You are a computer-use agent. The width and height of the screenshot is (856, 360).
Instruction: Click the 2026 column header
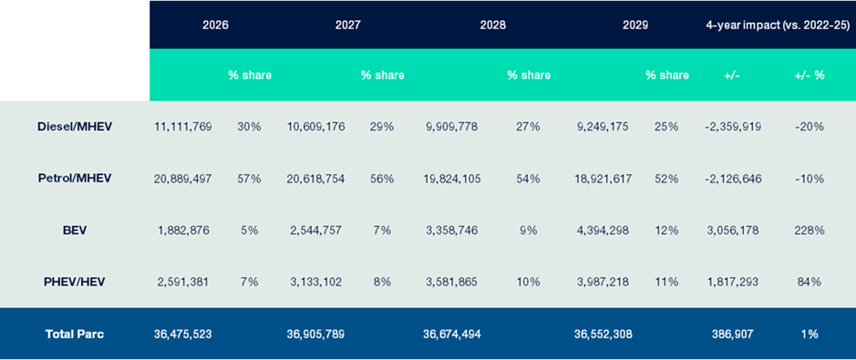(x=215, y=25)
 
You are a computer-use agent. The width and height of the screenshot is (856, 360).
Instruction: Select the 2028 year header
(x=492, y=25)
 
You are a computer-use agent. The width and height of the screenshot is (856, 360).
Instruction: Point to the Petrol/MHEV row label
(x=75, y=178)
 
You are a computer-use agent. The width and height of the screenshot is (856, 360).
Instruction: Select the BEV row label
(x=75, y=230)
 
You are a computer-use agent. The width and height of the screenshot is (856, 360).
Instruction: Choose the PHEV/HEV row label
(x=75, y=282)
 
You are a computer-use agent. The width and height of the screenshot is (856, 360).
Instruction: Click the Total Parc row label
(x=75, y=334)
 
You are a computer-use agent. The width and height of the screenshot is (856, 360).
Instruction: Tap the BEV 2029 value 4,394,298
(x=604, y=230)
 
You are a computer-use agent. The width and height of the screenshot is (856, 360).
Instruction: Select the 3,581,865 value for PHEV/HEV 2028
(x=451, y=282)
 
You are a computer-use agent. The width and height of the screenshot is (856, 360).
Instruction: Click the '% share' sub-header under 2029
(x=666, y=75)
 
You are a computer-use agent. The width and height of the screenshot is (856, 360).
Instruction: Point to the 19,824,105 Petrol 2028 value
(x=451, y=178)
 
